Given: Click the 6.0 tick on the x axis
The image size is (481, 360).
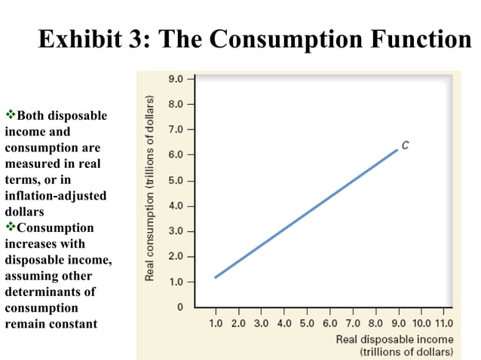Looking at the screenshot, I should pyautogui.click(x=330, y=323).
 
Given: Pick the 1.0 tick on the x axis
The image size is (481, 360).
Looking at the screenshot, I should pyautogui.click(x=215, y=323).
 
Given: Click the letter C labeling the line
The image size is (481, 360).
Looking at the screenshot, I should pyautogui.click(x=405, y=144).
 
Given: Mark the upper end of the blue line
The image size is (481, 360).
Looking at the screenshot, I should pyautogui.click(x=397, y=150).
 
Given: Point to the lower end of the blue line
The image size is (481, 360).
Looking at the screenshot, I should pyautogui.click(x=215, y=277).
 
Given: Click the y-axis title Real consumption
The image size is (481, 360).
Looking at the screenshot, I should pyautogui.click(x=149, y=188).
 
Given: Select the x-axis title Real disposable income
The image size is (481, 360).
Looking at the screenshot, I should pyautogui.click(x=395, y=339).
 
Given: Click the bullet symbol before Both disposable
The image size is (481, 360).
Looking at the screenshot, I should pyautogui.click(x=11, y=115).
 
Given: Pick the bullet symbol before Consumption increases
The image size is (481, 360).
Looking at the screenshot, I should pyautogui.click(x=11, y=227).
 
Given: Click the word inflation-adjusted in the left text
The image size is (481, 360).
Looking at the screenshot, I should pyautogui.click(x=56, y=196).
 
